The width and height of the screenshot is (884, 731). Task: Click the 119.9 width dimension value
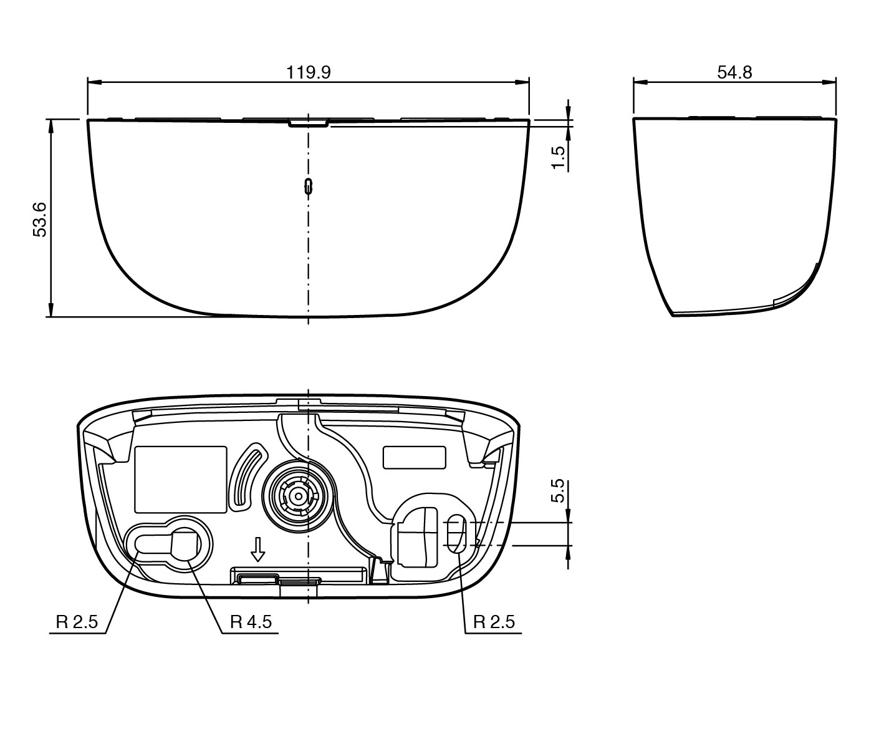pos(308,72)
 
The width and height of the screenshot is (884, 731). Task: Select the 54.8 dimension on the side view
pos(734,72)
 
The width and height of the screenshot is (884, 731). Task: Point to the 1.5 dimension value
pos(559,157)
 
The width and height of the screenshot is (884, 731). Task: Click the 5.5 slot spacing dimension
pos(558,490)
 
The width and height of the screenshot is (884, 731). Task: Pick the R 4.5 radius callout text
pos(251,622)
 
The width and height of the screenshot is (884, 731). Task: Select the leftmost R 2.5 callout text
pos(77,622)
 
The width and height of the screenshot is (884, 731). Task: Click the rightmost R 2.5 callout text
pos(494,622)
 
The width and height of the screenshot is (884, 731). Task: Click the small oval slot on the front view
pos(308,185)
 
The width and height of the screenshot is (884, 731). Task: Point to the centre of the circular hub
pos(299,496)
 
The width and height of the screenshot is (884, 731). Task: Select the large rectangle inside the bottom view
pos(180,479)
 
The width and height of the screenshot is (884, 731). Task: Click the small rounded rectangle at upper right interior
pos(414,457)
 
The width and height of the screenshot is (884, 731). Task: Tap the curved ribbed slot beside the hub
pos(247,475)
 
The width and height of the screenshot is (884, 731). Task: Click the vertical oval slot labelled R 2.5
pos(456,533)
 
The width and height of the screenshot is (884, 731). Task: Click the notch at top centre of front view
pos(308,123)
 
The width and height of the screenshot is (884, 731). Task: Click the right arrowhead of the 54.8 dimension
pos(829,82)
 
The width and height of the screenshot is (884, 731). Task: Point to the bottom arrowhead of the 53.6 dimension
pos(50,309)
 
